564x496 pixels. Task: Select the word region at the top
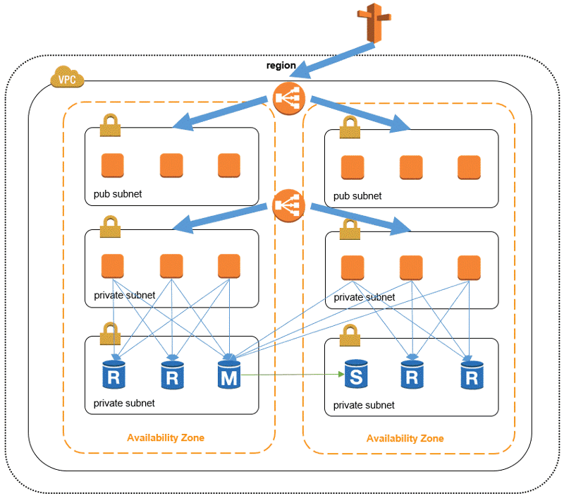pos(281,66)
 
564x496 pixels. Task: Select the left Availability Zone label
pos(166,437)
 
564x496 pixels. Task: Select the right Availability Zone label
pos(405,438)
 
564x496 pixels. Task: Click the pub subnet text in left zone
pos(118,193)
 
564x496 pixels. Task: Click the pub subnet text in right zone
pos(357,195)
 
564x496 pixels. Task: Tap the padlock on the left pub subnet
pos(110,126)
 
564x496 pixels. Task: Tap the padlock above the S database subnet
pos(350,336)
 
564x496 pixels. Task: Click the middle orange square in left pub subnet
pos(171,165)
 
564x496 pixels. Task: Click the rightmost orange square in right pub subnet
pos(469,167)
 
